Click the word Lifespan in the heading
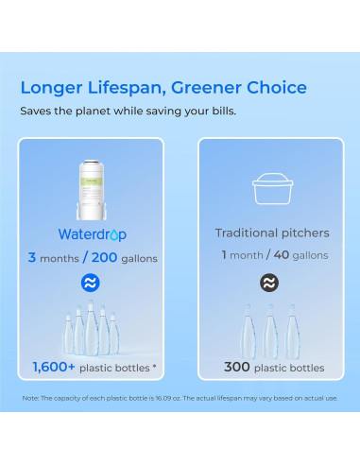(x=127, y=88)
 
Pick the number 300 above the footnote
(x=236, y=368)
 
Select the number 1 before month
(x=223, y=255)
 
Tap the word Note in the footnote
(x=31, y=398)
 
